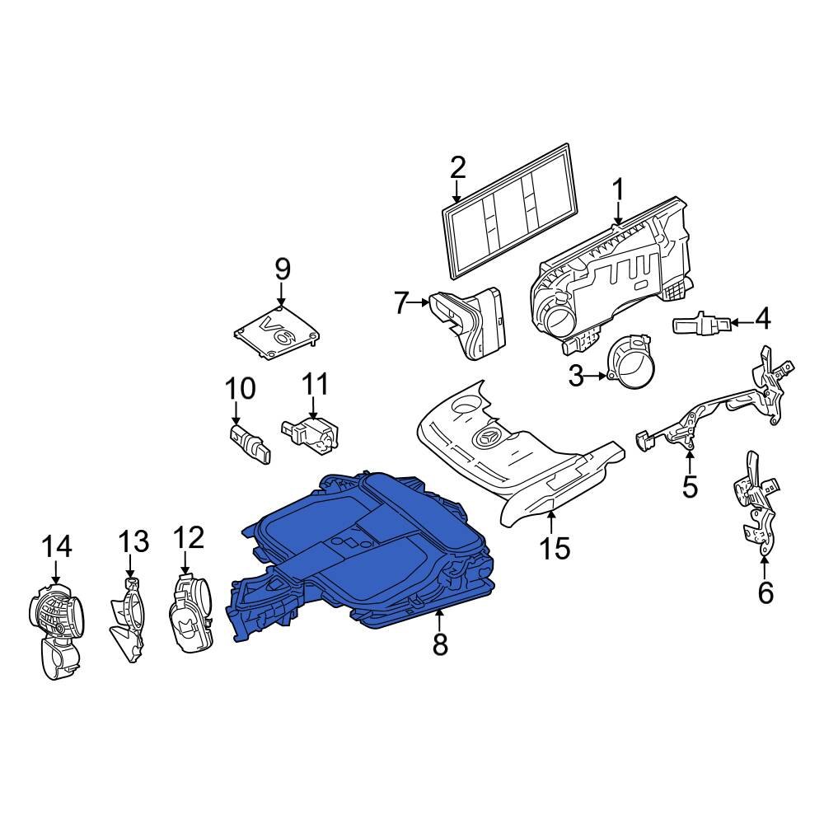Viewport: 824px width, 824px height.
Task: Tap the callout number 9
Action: [283, 269]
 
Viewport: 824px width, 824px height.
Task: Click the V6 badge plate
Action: [277, 332]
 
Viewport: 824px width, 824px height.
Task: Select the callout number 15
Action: [555, 548]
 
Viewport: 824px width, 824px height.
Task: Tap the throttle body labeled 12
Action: [191, 612]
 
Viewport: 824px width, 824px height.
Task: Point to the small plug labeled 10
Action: [250, 445]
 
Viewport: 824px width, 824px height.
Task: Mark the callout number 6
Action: [765, 592]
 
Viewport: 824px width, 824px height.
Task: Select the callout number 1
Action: [618, 190]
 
